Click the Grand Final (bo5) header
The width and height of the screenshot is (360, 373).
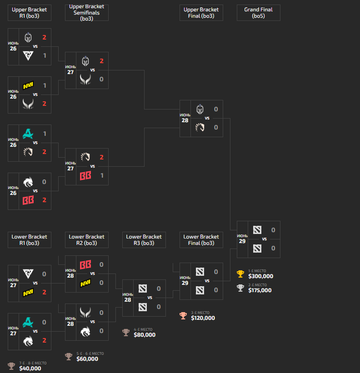258,13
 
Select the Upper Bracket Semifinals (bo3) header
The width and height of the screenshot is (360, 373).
86,13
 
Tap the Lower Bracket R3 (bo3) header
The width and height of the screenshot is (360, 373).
144,240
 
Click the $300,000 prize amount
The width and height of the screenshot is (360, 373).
260,276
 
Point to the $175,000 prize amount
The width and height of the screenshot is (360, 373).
260,290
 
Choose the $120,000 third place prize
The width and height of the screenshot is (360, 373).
203,318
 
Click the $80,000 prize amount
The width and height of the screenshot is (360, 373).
145,335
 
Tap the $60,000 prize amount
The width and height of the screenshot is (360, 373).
87,359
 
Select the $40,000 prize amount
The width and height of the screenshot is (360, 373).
30,368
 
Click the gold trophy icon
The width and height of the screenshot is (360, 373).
240,274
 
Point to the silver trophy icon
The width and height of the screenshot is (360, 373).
240,288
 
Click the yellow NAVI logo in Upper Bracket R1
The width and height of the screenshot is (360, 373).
28,85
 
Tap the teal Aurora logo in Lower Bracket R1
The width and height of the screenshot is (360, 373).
28,322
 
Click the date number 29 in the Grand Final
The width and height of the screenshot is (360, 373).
242,241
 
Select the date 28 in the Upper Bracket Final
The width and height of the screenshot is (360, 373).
185,120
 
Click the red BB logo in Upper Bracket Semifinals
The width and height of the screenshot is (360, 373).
85,175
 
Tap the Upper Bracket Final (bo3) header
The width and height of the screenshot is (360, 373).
201,13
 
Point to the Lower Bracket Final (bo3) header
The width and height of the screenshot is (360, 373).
201,240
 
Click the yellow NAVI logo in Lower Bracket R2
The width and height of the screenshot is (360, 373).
85,283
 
